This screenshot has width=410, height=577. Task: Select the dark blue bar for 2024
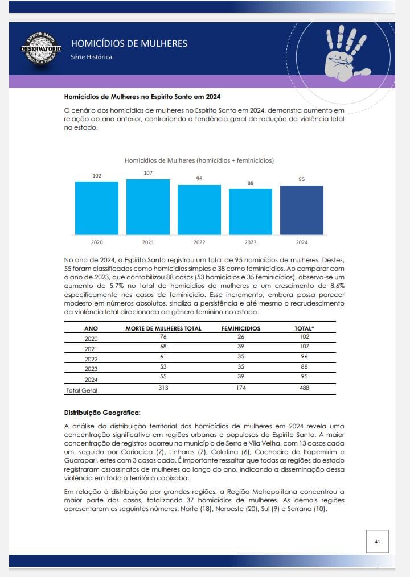tap(302, 210)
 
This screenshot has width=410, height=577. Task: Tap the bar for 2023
tap(251, 212)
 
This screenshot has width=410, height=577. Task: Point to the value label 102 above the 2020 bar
tap(97, 176)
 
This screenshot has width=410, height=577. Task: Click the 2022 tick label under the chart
tap(199, 242)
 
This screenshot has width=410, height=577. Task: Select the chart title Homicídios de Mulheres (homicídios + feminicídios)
tap(199, 160)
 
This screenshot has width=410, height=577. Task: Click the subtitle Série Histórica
tap(91, 57)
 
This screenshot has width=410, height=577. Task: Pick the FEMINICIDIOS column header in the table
tap(241, 328)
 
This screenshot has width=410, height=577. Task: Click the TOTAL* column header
tap(304, 328)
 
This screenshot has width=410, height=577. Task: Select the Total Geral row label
tap(82, 390)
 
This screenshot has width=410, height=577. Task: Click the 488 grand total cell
tap(304, 388)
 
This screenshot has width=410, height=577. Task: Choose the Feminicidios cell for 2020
tap(241, 337)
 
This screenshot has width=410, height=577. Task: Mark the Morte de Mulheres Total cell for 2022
tap(163, 357)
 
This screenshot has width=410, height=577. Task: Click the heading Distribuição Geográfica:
tap(102, 413)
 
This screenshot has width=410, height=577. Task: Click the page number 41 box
tap(377, 541)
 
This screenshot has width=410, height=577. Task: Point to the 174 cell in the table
tap(241, 388)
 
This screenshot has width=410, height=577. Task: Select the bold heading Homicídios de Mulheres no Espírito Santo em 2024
tap(142, 97)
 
